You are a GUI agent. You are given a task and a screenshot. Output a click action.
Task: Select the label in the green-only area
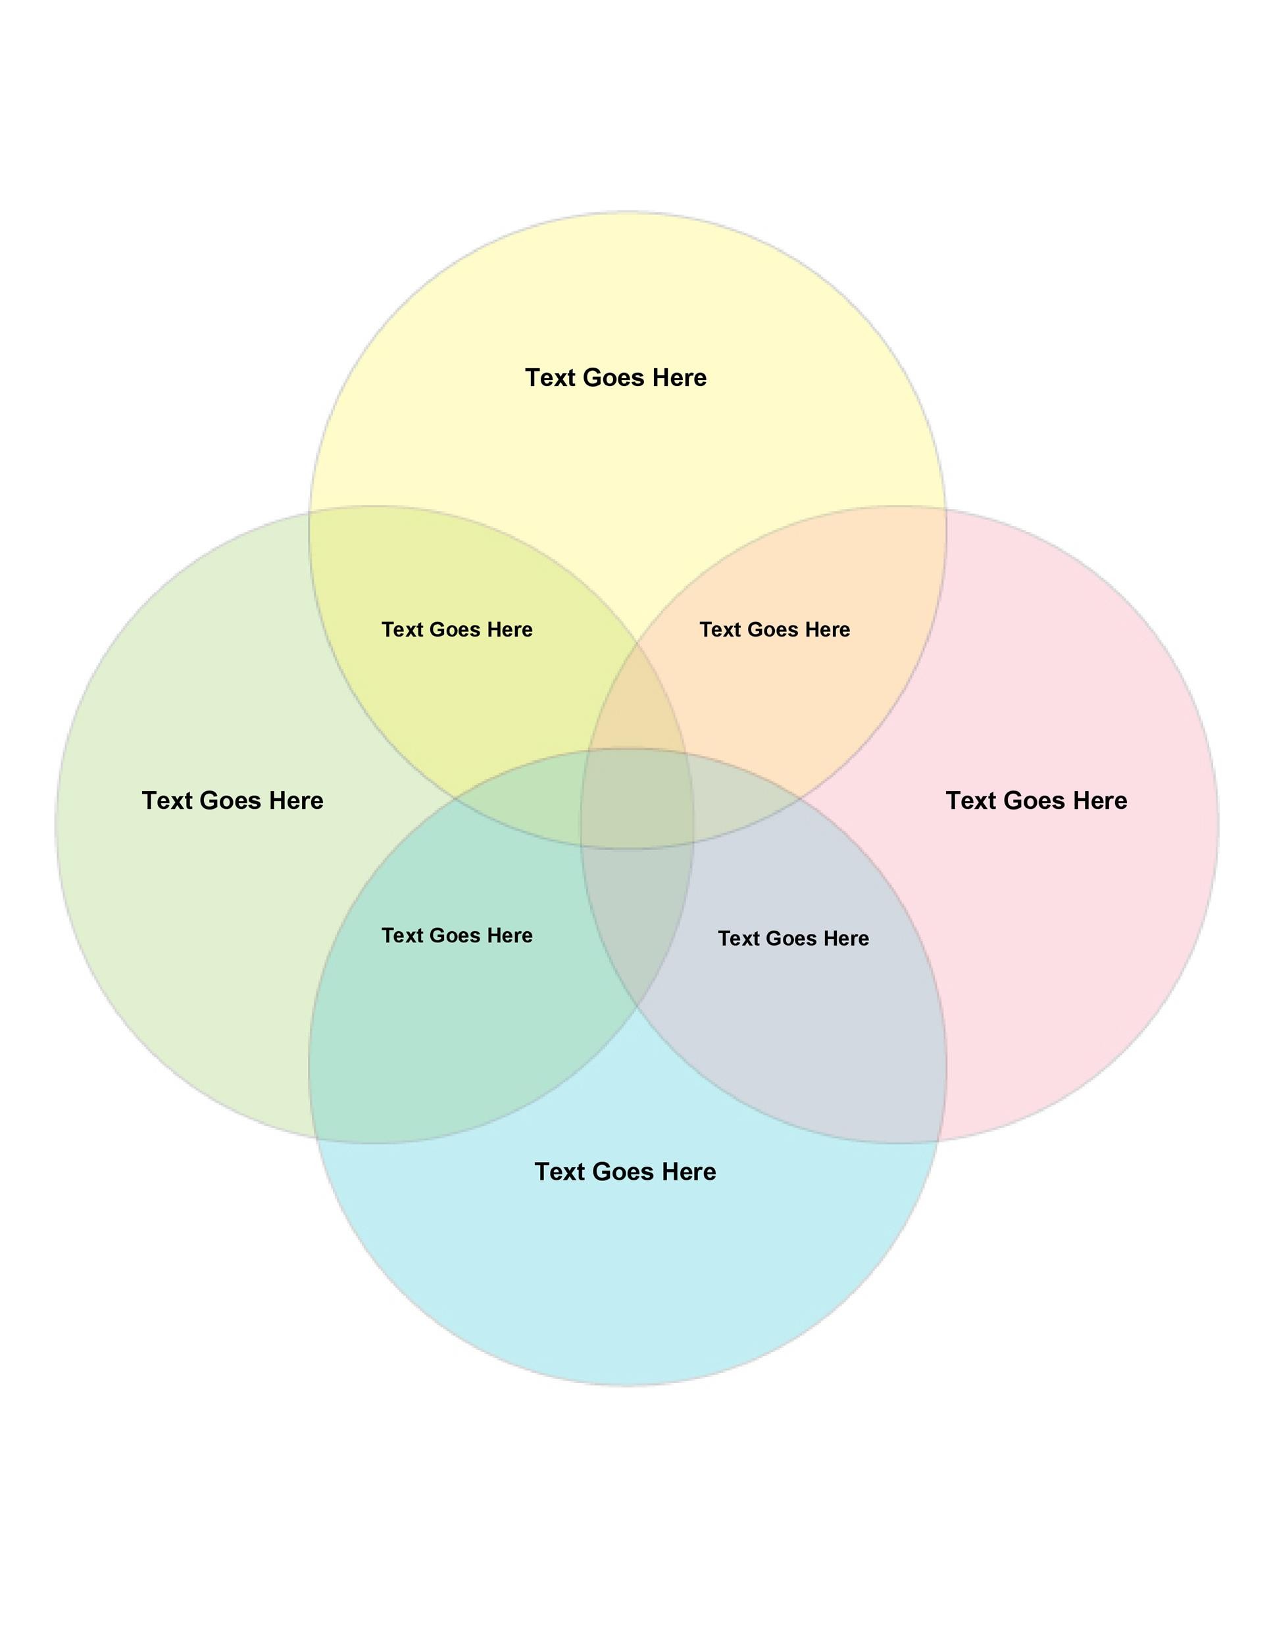233,800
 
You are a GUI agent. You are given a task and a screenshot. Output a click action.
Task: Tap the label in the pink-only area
1037,800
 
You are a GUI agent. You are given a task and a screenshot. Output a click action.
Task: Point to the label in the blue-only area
626,1171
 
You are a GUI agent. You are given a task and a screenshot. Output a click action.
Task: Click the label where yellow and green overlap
457,629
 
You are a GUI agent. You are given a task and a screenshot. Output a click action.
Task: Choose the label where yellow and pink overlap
775,629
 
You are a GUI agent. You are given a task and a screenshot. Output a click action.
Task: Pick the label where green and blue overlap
457,935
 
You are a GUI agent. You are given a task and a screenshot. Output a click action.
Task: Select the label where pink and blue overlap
793,938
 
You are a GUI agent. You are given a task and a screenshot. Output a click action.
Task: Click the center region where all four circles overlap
637,799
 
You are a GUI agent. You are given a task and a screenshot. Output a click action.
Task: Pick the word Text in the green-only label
167,800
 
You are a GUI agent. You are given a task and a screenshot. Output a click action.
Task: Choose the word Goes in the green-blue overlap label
455,935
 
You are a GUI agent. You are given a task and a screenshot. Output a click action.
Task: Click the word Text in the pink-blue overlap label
739,938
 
